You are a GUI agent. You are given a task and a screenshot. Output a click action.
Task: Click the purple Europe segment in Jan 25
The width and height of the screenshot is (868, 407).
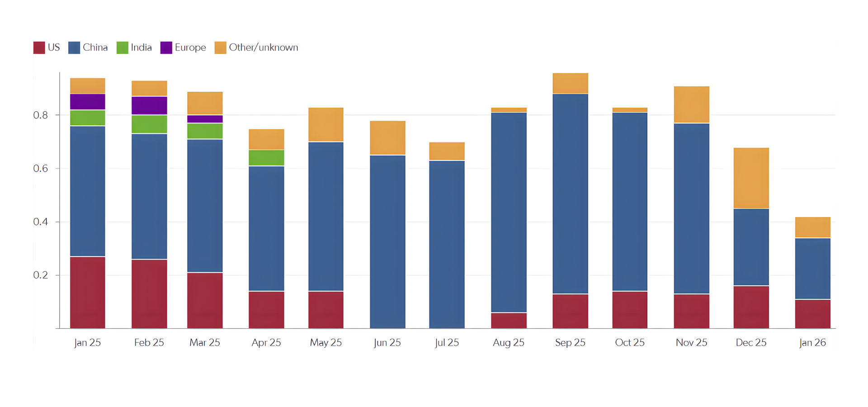tap(88, 102)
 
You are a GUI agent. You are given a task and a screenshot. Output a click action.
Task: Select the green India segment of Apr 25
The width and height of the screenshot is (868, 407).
tap(266, 158)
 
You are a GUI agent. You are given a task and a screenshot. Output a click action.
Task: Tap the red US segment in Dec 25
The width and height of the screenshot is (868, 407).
tap(751, 307)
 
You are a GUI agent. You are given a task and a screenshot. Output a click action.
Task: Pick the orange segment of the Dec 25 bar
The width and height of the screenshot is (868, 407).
tap(751, 178)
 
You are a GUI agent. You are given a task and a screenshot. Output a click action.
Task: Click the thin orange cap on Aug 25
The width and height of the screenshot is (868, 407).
tap(509, 110)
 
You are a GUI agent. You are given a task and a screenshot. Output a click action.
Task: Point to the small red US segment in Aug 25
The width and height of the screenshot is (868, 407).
tap(509, 320)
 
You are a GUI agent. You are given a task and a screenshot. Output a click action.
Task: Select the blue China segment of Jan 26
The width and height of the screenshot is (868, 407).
tap(812, 269)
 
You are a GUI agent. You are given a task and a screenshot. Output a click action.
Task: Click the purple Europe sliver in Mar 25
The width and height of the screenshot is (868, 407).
tap(205, 119)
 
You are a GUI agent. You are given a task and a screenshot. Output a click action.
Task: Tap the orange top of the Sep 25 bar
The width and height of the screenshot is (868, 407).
tap(570, 84)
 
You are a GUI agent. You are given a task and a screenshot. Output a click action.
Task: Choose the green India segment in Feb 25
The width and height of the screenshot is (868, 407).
tap(149, 124)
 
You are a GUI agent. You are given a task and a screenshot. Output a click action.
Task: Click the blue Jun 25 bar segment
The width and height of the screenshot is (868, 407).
tap(387, 242)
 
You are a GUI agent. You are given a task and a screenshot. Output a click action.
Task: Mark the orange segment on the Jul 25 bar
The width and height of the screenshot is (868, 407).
tap(447, 151)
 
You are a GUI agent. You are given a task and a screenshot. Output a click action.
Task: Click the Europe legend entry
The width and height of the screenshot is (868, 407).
tap(183, 47)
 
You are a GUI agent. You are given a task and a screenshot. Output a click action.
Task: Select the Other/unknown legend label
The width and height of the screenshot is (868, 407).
tap(263, 47)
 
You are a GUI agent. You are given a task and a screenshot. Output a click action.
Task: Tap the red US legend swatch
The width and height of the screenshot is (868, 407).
tap(39, 47)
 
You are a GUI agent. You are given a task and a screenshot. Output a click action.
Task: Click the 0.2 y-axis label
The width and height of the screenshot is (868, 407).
tap(40, 275)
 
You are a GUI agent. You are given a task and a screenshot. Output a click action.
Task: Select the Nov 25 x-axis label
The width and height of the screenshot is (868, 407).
tap(691, 342)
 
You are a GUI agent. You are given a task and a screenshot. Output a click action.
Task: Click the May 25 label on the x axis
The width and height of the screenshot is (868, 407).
tap(325, 342)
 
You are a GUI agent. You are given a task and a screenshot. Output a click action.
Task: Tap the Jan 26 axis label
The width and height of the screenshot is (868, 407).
tap(812, 342)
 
